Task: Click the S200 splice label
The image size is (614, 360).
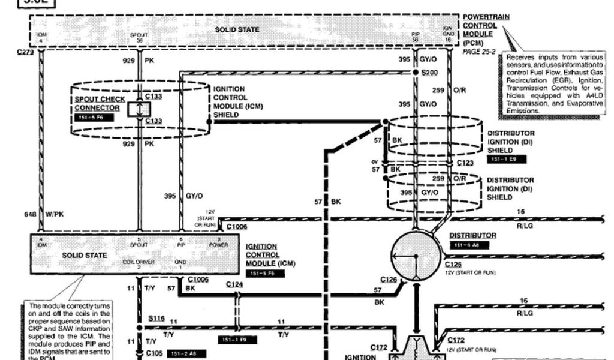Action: click(430, 73)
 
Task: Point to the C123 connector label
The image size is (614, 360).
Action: click(465, 163)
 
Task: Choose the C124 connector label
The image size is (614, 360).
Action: click(234, 285)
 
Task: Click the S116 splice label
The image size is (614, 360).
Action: click(156, 317)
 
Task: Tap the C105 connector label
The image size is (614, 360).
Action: click(154, 353)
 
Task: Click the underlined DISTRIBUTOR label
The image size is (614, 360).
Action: click(472, 236)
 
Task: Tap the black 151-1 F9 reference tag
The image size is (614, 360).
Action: click(238, 340)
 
